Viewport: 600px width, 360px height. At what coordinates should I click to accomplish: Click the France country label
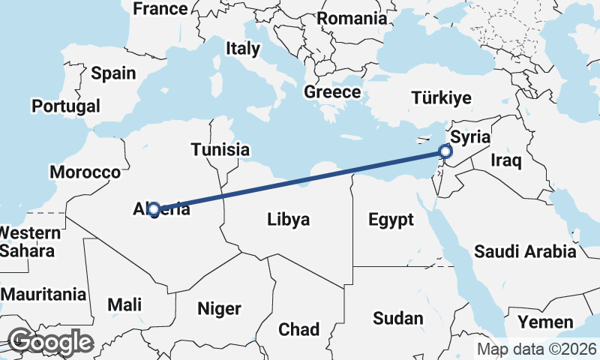click(x=159, y=9)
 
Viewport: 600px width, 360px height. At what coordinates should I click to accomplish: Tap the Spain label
click(x=113, y=73)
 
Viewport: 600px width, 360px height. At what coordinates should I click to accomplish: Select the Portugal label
click(x=66, y=106)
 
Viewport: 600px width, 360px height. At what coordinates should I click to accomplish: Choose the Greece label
click(x=332, y=92)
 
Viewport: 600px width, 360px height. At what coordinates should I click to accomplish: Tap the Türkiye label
click(x=441, y=97)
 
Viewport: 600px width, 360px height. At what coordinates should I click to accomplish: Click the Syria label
click(x=470, y=137)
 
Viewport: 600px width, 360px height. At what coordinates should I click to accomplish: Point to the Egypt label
click(x=391, y=220)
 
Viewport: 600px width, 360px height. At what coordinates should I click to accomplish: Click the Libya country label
click(x=289, y=220)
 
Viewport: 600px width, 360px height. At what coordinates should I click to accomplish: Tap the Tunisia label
click(x=220, y=149)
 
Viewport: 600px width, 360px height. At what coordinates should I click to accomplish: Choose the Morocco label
click(x=85, y=172)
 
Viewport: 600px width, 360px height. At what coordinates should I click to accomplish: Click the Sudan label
click(x=398, y=318)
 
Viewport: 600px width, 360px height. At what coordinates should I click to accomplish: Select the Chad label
click(x=298, y=329)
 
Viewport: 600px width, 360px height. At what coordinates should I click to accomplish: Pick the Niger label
click(x=219, y=308)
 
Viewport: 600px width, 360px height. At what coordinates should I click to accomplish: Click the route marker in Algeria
click(x=154, y=209)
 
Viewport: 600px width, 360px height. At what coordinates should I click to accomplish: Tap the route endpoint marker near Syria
click(x=445, y=153)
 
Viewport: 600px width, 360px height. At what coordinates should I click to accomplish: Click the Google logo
click(x=50, y=342)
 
